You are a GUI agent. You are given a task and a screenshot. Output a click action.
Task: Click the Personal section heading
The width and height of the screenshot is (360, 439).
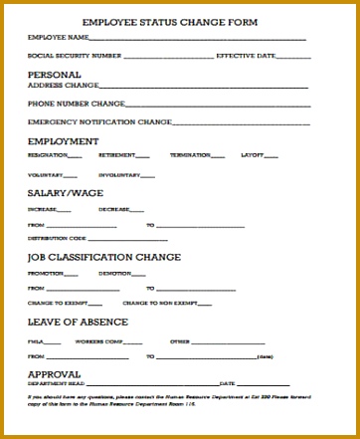coord(55,75)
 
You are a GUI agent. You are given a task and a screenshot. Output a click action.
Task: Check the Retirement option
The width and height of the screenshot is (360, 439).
coord(116,155)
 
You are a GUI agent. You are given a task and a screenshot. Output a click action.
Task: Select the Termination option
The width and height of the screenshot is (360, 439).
coord(190,155)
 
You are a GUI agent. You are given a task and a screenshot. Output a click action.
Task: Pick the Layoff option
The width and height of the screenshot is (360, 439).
coord(253,155)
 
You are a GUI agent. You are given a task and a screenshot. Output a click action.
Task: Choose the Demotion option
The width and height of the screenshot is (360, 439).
coord(114,273)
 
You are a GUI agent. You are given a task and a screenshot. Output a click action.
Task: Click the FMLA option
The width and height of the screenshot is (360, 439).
coord(36,340)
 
